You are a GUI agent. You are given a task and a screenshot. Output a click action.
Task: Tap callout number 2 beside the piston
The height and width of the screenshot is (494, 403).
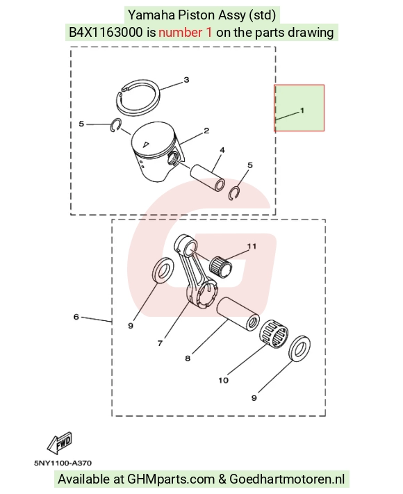(x=206, y=131)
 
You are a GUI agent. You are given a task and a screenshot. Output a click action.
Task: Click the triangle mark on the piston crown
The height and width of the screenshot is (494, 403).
(x=146, y=145)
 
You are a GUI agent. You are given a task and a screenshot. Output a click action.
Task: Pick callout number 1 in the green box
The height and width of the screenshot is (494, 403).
(x=302, y=110)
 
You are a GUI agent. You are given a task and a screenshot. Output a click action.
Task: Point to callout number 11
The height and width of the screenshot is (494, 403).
(x=252, y=246)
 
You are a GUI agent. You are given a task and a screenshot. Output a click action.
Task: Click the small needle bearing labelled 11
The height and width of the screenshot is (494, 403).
(x=221, y=267)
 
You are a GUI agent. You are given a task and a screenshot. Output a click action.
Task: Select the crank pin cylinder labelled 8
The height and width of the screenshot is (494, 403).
(x=238, y=315)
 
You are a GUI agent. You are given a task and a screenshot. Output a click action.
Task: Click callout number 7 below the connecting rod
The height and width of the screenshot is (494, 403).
(x=160, y=343)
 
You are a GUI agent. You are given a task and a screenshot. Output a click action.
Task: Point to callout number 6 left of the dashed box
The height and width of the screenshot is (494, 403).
(x=76, y=317)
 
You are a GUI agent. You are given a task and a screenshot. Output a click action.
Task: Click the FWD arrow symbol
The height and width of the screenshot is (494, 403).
(x=60, y=443)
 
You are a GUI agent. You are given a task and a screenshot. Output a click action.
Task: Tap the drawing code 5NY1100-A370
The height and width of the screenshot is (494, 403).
(x=63, y=463)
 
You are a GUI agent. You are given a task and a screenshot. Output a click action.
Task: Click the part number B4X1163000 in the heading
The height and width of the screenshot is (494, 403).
(x=106, y=33)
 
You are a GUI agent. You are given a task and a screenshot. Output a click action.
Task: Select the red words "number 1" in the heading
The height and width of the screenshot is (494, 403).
(x=186, y=33)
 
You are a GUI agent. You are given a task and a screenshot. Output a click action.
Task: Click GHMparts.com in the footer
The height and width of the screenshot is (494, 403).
(x=171, y=479)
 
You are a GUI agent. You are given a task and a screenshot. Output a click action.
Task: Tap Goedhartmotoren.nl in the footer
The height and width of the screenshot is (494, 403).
(x=287, y=479)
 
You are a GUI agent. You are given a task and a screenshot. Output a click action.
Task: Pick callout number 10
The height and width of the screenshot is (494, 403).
(x=224, y=380)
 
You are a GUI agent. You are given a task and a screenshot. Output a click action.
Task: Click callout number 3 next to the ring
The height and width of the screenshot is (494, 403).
(x=186, y=80)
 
